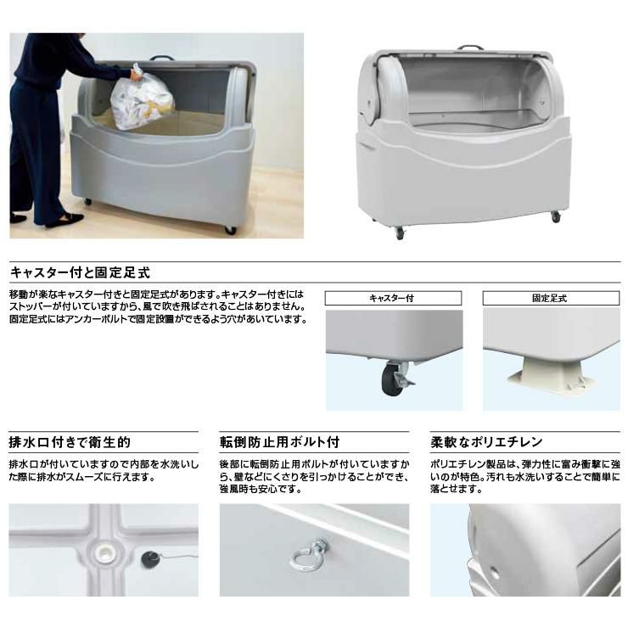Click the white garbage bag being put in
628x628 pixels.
coord(143,98)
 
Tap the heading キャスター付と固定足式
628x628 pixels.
coord(81,272)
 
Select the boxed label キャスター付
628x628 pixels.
coord(393,298)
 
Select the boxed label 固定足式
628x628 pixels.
coord(551,298)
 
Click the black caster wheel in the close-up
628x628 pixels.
coord(390,378)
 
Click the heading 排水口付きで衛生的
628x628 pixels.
coord(70,442)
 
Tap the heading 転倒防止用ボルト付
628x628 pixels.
coord(279,442)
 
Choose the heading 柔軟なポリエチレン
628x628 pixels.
coord(486,442)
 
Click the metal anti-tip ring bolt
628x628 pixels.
coord(307,552)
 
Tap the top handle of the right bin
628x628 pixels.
coord(471,48)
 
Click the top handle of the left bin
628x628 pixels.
coord(162,58)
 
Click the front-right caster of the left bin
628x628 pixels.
coord(231,230)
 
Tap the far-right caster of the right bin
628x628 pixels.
coord(556,216)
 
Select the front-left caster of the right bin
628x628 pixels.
coord(400,233)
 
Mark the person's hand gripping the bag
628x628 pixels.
coord(136,74)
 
